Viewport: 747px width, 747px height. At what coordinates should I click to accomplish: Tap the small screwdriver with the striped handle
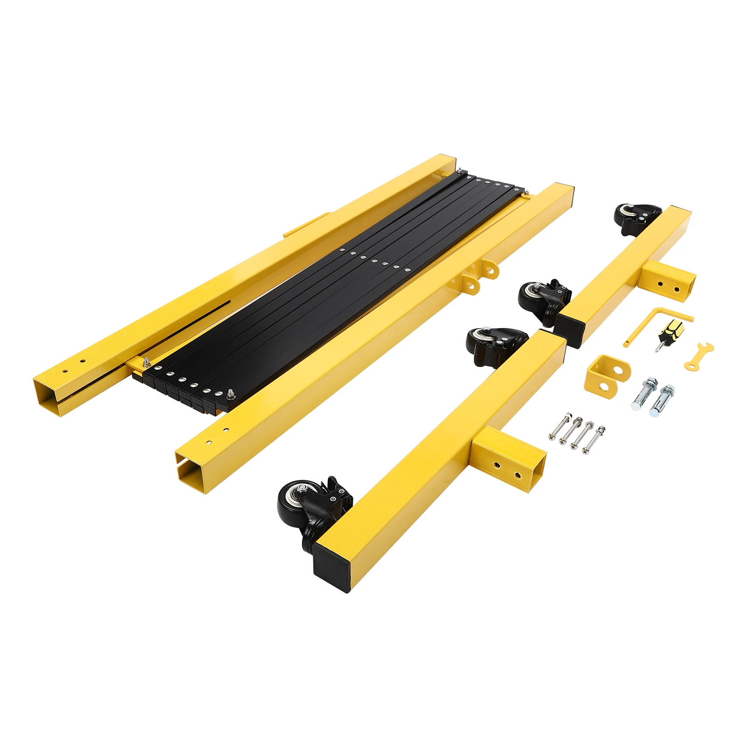pos(669,332)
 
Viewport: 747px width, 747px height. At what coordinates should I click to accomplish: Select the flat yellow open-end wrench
pos(698,356)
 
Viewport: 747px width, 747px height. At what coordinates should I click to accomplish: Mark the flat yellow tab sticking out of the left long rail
pos(306,225)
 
